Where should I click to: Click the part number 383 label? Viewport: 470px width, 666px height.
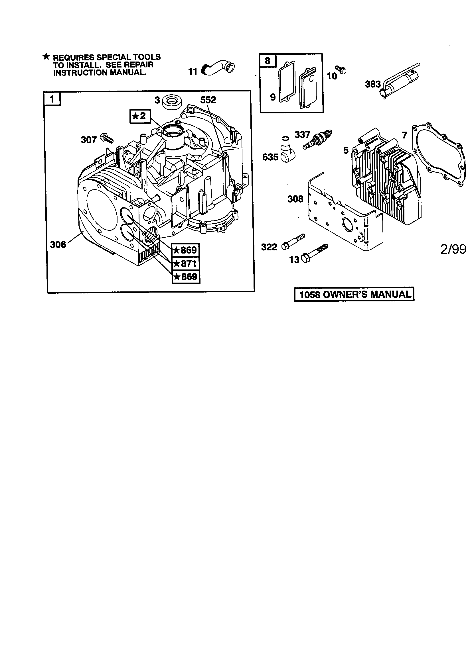point(373,84)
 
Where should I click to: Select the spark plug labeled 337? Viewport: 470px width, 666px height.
point(317,140)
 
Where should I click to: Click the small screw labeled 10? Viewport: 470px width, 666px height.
point(342,70)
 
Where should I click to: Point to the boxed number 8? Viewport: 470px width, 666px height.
point(267,61)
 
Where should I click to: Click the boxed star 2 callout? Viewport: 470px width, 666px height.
point(140,116)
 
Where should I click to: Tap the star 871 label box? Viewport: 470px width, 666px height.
point(185,263)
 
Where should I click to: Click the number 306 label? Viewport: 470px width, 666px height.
point(58,244)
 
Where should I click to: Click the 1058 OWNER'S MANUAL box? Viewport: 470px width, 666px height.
point(354,295)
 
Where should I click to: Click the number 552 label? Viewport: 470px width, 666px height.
point(208,100)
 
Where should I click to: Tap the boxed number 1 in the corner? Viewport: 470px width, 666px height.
point(52,99)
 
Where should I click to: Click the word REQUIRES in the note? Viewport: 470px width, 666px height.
point(73,57)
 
